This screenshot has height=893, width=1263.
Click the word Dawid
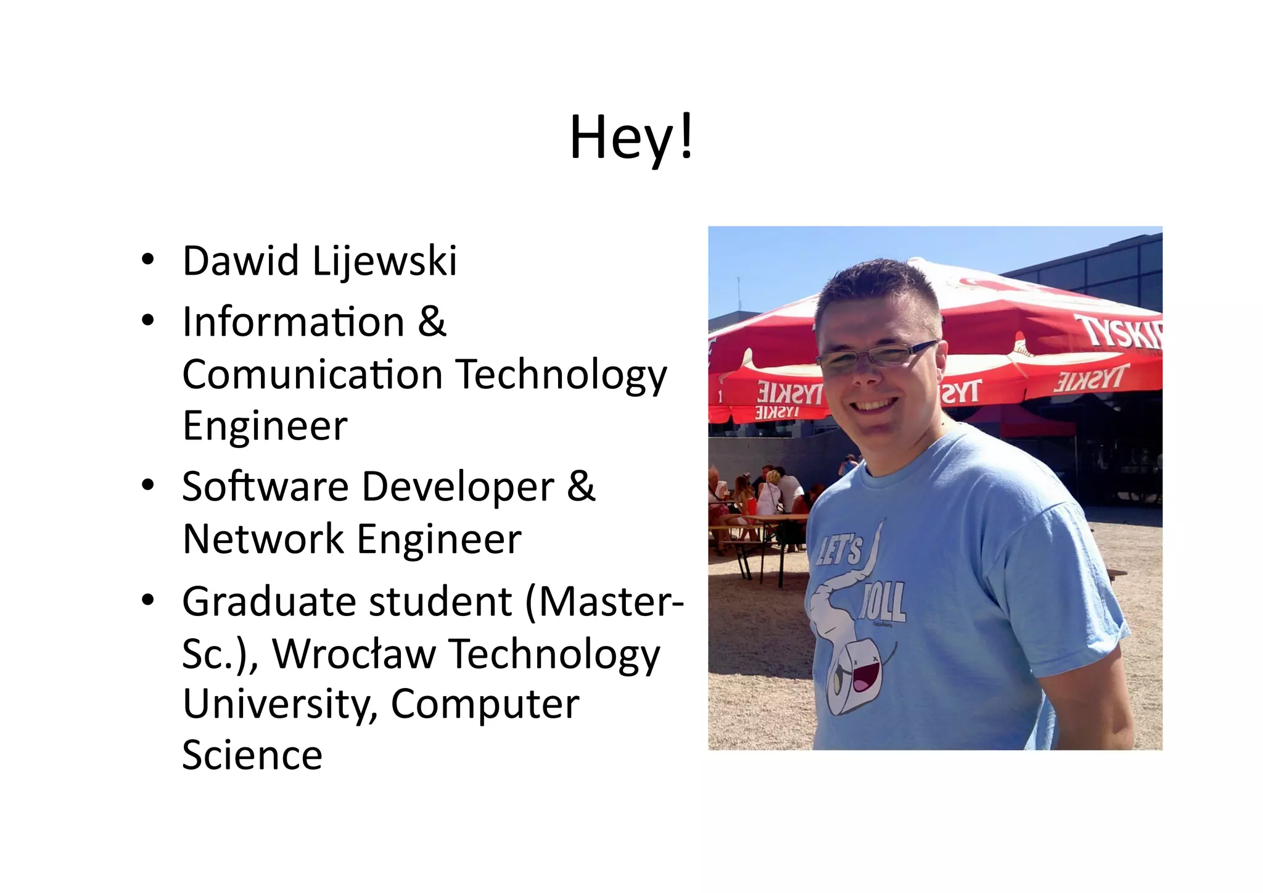coord(241,261)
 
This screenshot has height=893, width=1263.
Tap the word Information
coord(294,322)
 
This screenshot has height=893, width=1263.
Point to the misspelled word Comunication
coord(313,375)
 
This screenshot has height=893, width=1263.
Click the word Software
coord(265,486)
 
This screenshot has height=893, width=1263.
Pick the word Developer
coord(458,488)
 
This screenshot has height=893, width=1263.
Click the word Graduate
coord(269,602)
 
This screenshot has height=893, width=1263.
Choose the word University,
coord(280,705)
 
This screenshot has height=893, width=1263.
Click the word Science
coord(252,755)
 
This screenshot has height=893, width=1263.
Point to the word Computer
coord(485,705)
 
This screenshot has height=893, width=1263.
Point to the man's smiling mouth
coord(875,405)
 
